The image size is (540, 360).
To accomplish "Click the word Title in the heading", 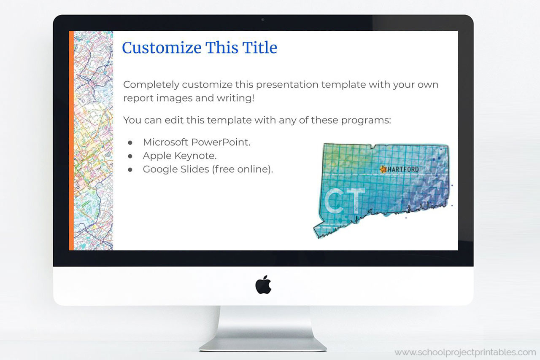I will coord(259,48).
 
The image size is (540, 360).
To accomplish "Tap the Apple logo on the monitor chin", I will coord(263,285).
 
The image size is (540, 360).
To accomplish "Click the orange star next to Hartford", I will coord(383,169).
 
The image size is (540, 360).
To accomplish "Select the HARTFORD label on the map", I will coord(403,169).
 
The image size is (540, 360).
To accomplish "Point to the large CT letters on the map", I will coord(345,201).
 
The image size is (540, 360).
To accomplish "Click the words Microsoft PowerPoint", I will coord(197,142).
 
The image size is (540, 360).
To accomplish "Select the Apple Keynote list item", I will coord(180,156).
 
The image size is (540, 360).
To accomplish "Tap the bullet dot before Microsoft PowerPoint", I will coord(130,143).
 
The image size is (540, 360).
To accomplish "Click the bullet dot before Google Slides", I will coord(130,170).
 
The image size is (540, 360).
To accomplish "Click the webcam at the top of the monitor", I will coord(263,19).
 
